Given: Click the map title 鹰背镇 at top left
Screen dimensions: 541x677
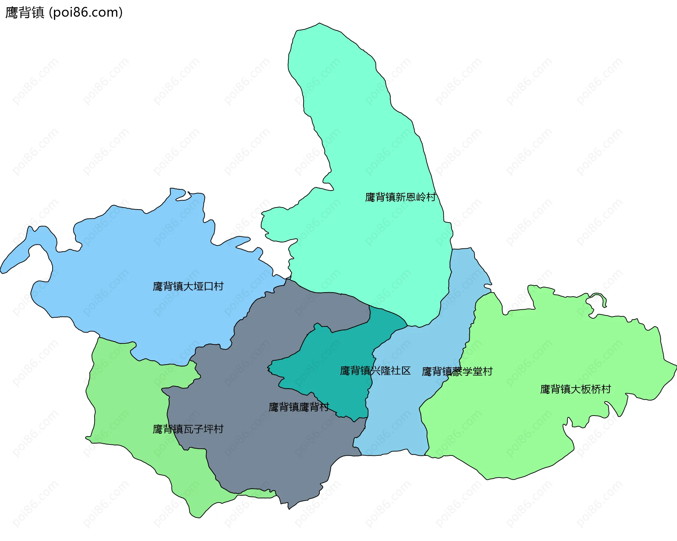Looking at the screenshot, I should pos(25,12).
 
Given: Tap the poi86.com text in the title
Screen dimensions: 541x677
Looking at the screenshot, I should pos(86,12).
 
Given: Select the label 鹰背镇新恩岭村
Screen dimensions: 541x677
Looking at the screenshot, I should pos(400,197).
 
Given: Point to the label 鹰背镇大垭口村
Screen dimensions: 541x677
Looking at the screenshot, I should pos(188,286).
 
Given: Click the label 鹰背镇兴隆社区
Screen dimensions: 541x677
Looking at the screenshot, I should pos(375,371).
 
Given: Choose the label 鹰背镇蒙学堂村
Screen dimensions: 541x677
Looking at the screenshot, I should pos(457,371).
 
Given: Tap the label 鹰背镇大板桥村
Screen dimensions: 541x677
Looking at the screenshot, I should pos(575,389).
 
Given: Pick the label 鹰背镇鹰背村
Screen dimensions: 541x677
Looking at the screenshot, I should pos(299,407).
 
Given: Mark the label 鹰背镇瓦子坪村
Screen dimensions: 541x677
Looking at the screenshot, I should pos(188,429).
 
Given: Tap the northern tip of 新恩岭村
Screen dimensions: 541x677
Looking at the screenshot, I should pos(319,24).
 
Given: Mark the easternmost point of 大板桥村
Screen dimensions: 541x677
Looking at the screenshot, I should pos(675,366).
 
